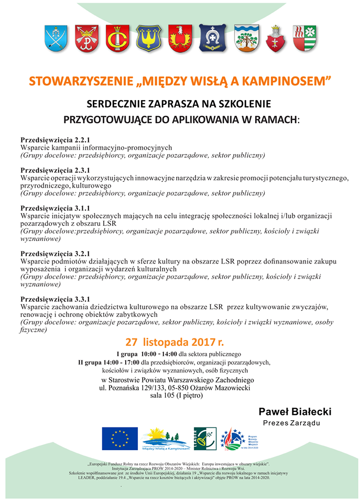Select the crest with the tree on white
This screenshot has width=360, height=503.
(246, 38)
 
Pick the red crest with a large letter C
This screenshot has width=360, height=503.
(117, 38)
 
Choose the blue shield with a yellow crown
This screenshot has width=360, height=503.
(149, 38)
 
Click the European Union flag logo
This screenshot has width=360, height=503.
(119, 438)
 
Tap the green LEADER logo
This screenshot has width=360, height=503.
(205, 438)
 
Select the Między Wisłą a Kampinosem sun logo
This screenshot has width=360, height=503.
(166, 438)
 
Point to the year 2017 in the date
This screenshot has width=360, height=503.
(199, 342)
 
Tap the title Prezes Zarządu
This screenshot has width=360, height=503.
(291, 423)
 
